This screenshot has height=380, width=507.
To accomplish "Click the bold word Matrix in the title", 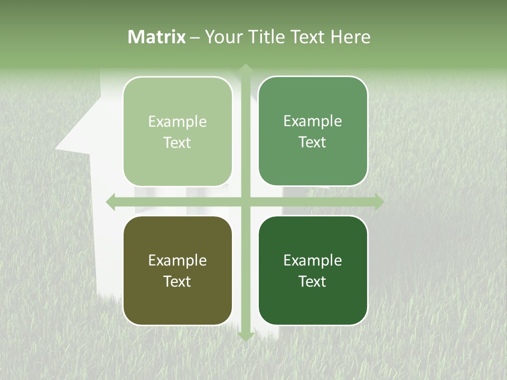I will click(x=156, y=37).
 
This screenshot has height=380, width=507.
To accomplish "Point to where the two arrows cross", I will click(x=245, y=202).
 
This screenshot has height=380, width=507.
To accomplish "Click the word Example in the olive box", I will click(x=177, y=260).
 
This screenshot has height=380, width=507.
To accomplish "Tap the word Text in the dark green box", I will click(x=313, y=281).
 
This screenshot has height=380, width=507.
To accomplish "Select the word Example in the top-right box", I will click(x=313, y=121).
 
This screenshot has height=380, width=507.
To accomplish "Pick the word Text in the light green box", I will click(x=177, y=142).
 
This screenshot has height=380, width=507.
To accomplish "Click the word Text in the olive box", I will click(x=177, y=281).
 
